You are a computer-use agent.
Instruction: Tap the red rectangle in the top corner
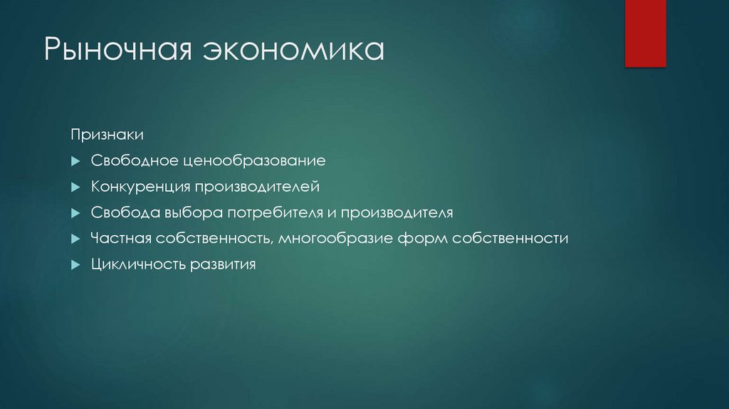tap(645, 33)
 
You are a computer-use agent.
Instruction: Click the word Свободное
tap(134, 161)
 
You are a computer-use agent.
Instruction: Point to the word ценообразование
tap(253, 161)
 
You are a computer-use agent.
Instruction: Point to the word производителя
tap(397, 213)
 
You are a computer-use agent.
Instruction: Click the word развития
tap(222, 264)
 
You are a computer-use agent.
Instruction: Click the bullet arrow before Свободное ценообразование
tap(76, 162)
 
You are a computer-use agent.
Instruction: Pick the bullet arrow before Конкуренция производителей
tap(76, 187)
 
